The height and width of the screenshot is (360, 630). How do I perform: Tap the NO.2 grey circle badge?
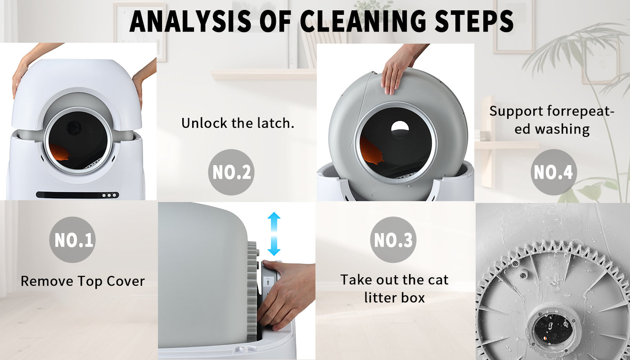coord(231,172)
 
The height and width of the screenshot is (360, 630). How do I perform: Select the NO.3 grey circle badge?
coord(393,240)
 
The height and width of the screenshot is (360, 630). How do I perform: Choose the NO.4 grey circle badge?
coord(553,172)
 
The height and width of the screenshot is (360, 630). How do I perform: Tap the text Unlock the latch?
coord(238,123)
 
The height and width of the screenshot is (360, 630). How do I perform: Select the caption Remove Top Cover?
coord(83,281)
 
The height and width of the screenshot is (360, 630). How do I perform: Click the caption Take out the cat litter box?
coord(394,288)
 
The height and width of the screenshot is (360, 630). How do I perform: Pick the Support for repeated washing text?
coord(552,120)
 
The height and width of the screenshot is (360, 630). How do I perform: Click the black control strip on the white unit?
coord(77,195)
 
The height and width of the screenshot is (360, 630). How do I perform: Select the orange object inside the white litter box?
coord(60,152)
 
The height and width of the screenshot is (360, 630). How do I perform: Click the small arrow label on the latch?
coord(269,282)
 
